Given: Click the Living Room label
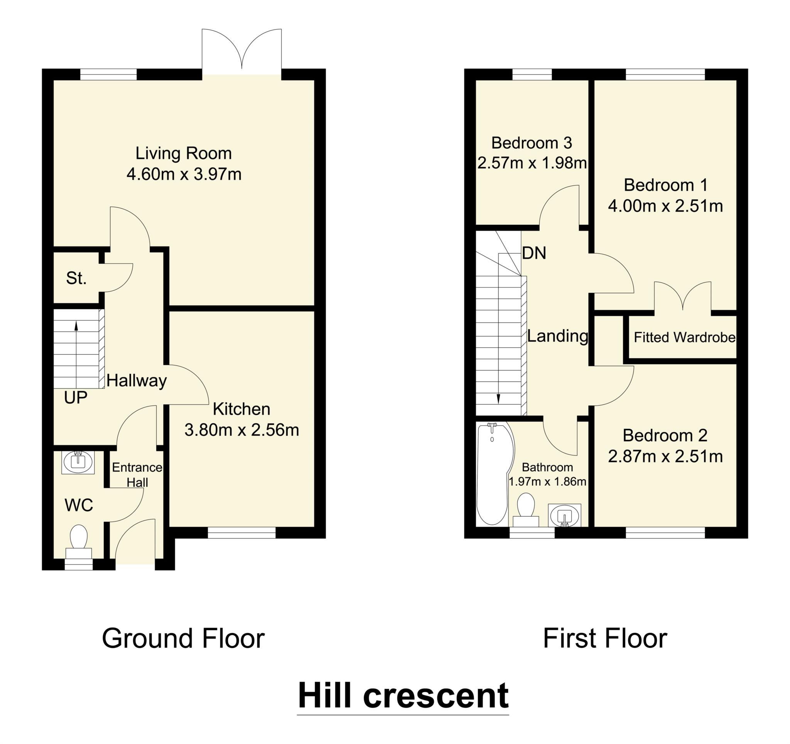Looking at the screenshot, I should pos(183,153).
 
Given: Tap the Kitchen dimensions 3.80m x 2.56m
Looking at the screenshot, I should pos(241,430).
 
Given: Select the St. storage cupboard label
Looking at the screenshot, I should pos(76,278).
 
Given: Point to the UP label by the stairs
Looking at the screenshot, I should pos(76,397).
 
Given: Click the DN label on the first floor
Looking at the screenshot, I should pos(534,253).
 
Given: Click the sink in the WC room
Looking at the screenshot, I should pos(78,462).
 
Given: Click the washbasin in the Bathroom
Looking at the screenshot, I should pos(564,515).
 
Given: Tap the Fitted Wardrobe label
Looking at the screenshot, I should pos(684,337).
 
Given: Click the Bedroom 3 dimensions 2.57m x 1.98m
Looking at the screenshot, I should pos(532,163).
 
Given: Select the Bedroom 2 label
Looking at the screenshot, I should pos(665,436).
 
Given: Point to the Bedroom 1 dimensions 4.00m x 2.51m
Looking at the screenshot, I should pos(665,206).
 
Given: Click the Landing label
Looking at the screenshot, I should pos(557,336).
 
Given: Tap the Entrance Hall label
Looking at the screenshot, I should pos(137,475).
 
